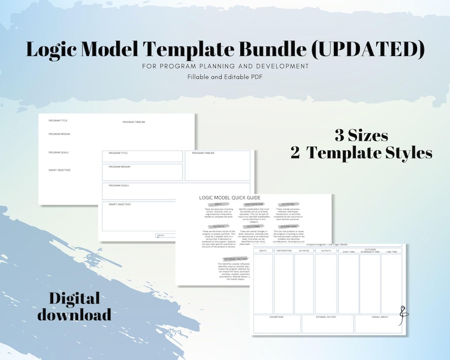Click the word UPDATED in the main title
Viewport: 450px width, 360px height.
369,49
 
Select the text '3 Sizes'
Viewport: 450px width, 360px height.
361,135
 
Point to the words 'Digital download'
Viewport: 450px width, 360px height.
74,306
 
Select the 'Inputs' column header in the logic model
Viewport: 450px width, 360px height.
263,250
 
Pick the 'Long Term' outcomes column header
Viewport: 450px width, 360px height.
390,251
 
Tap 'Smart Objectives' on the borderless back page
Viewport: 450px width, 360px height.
60,170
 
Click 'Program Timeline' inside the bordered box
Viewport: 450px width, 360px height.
203,153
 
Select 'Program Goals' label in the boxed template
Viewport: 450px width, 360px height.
118,185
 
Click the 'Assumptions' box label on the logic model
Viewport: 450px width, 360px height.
277,317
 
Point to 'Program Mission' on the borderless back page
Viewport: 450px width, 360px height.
59,134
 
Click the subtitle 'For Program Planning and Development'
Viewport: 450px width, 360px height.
225,66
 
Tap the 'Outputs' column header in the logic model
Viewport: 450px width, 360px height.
326,250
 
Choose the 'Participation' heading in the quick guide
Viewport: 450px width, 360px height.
253,204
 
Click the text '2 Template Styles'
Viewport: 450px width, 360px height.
361,153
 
